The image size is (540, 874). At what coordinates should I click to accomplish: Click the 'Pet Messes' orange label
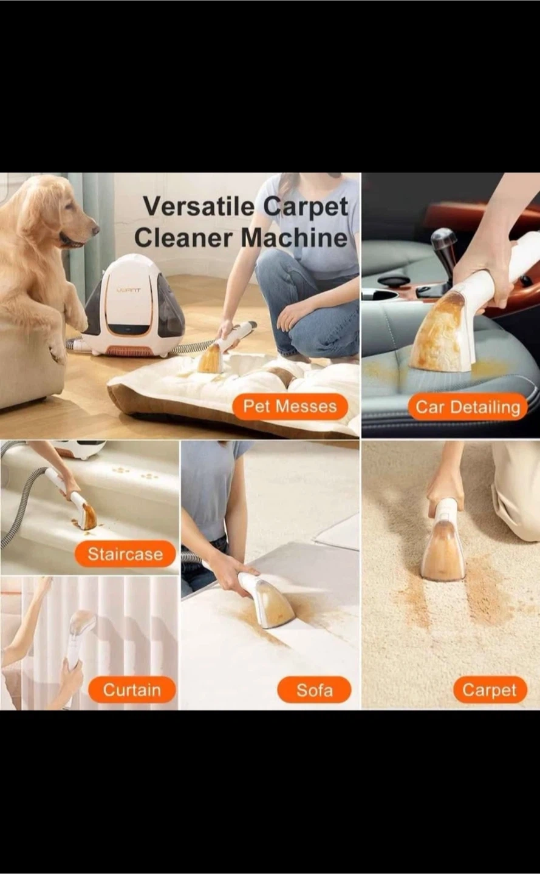point(290,407)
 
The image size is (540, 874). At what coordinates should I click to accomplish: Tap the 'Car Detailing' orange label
point(468,407)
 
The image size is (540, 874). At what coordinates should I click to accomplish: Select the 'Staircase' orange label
point(125,554)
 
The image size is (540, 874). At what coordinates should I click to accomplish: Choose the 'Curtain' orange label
point(132,690)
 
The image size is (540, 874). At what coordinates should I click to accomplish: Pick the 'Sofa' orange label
point(314,690)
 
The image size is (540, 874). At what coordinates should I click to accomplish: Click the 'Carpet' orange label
point(490,690)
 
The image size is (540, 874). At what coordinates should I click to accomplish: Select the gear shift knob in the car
point(443,240)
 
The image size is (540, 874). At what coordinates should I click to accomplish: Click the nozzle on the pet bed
point(213,358)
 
